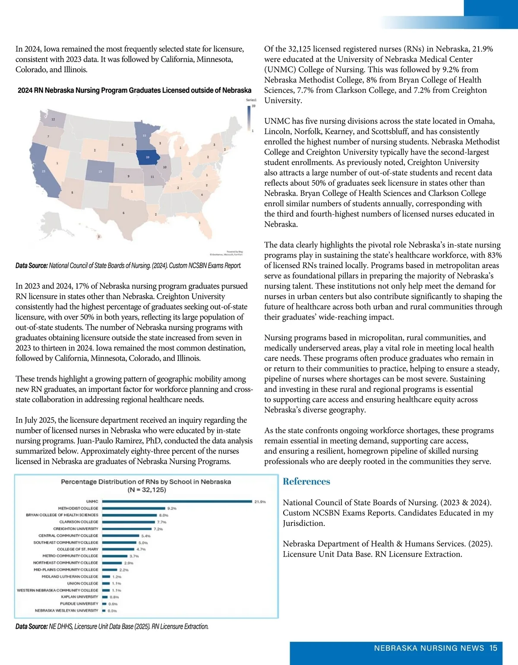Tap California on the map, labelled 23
(43, 171)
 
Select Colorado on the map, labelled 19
(100, 171)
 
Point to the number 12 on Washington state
(53, 119)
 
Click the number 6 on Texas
(123, 213)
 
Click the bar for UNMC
(177, 501)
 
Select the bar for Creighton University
(127, 529)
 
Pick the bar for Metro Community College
(114, 556)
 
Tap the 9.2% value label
(172, 508)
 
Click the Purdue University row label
(79, 604)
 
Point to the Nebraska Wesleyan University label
(66, 611)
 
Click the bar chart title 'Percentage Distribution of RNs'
(146, 481)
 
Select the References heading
(306, 481)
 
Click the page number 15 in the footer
(493, 648)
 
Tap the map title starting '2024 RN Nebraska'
(134, 90)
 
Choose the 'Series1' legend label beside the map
(251, 100)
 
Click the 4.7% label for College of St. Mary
(141, 549)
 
